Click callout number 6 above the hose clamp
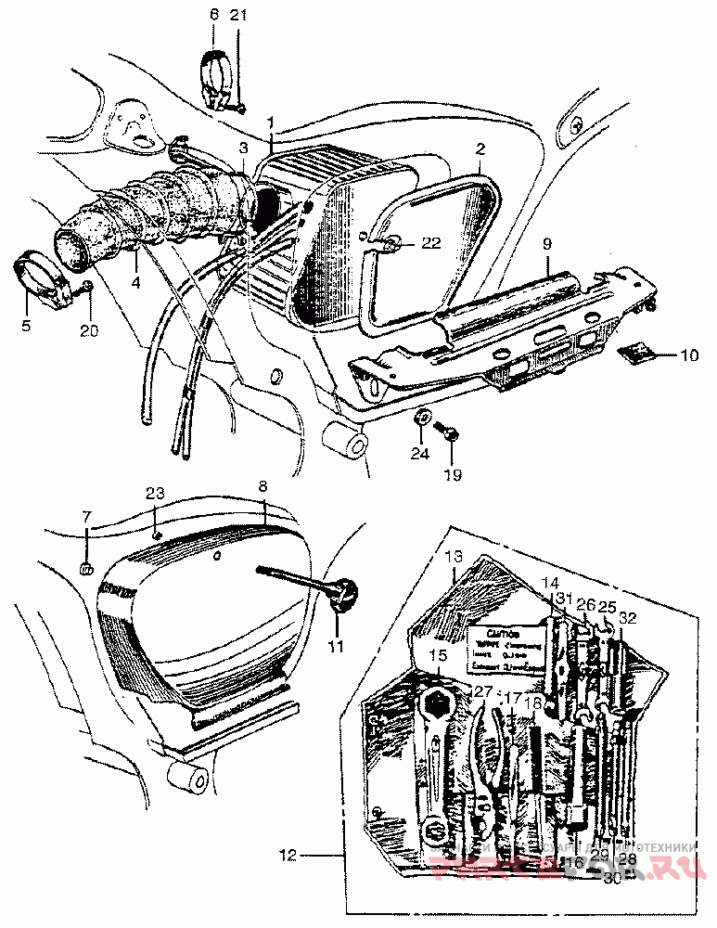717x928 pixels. pyautogui.click(x=213, y=15)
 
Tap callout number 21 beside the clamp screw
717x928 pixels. pyautogui.click(x=239, y=15)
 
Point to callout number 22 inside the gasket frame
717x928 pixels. pyautogui.click(x=429, y=243)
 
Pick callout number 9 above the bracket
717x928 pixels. pyautogui.click(x=546, y=243)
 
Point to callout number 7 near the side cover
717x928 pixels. pyautogui.click(x=87, y=515)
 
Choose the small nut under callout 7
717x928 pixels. pyautogui.click(x=85, y=567)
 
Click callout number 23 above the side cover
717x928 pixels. pyautogui.click(x=154, y=494)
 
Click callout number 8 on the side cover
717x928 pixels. pyautogui.click(x=262, y=485)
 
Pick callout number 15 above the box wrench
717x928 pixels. pyautogui.click(x=438, y=655)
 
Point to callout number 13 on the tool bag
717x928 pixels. pyautogui.click(x=452, y=557)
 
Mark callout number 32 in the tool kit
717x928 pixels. pyautogui.click(x=627, y=615)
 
